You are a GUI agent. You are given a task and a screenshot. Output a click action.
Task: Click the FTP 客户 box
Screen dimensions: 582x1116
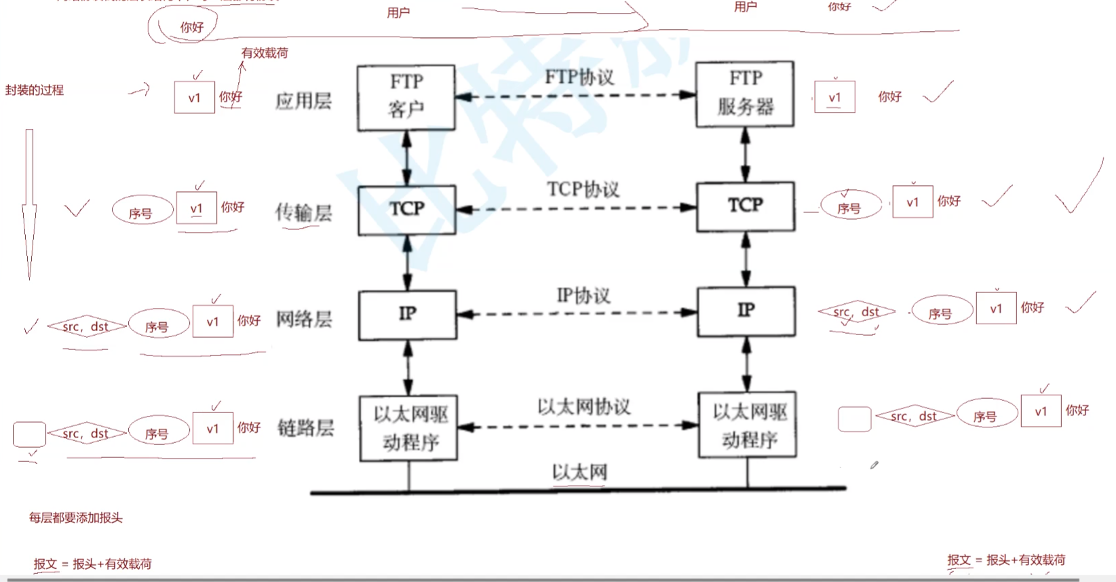pyautogui.click(x=406, y=97)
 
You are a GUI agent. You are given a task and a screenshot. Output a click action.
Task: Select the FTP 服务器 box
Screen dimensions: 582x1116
pyautogui.click(x=745, y=94)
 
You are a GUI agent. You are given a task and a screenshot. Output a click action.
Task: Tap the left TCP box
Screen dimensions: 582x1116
pyautogui.click(x=406, y=210)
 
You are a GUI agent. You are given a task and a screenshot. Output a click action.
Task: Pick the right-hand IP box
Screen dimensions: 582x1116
pyautogui.click(x=746, y=311)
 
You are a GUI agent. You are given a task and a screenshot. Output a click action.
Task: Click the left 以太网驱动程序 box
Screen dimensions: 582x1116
pyautogui.click(x=408, y=429)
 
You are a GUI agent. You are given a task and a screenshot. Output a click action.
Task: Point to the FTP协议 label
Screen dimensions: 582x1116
pyautogui.click(x=579, y=77)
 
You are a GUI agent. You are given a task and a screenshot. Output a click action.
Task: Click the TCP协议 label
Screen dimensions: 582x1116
pyautogui.click(x=583, y=189)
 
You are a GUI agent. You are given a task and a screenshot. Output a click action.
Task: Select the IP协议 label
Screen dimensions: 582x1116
pyautogui.click(x=583, y=296)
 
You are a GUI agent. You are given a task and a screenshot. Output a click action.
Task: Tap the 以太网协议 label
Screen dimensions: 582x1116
pyautogui.click(x=584, y=407)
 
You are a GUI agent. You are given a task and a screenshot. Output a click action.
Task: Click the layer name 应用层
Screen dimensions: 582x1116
pyautogui.click(x=303, y=101)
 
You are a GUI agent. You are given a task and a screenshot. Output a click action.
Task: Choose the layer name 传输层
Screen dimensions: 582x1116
pyautogui.click(x=303, y=213)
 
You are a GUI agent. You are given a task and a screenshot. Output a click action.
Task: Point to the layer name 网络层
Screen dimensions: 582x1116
pyautogui.click(x=304, y=319)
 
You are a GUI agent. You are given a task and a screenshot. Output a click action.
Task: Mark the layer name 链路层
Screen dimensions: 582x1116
pyautogui.click(x=305, y=428)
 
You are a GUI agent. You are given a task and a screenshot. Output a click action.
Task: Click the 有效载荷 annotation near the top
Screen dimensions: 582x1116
pyautogui.click(x=265, y=53)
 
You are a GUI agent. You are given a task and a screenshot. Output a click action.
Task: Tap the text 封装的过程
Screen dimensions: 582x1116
pyautogui.click(x=35, y=90)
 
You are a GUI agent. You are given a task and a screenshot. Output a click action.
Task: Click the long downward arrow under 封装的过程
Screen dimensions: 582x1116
pyautogui.click(x=29, y=203)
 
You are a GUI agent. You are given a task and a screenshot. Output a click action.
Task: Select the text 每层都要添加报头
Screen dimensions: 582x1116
pyautogui.click(x=75, y=518)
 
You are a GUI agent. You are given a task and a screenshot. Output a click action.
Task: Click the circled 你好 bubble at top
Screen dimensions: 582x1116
pyautogui.click(x=191, y=27)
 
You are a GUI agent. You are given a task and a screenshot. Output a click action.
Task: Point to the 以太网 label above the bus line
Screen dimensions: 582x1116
pyautogui.click(x=579, y=472)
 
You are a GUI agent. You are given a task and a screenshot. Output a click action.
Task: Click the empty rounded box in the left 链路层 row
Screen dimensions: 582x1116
pyautogui.click(x=29, y=434)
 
